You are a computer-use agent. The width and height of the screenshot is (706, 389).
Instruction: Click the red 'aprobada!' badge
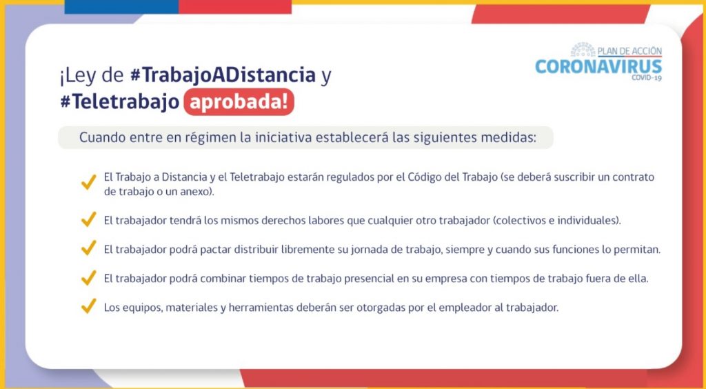tap(239, 102)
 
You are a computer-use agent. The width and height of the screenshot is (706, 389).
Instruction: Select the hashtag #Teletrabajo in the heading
tap(120, 102)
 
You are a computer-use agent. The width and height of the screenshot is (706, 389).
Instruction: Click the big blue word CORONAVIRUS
tap(598, 67)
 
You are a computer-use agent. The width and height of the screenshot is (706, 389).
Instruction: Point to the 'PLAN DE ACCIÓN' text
tap(629, 51)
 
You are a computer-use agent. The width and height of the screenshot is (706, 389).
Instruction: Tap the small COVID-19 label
tap(647, 78)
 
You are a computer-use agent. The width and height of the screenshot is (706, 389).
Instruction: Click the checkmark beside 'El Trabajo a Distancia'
tap(88, 181)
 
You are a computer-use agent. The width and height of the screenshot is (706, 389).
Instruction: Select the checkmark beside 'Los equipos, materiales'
tap(88, 306)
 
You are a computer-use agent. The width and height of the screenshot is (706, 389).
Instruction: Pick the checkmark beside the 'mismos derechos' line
tap(88, 219)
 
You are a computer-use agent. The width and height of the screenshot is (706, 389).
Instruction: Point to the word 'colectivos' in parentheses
tap(516, 221)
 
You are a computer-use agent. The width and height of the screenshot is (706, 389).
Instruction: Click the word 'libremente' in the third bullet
tap(308, 250)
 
